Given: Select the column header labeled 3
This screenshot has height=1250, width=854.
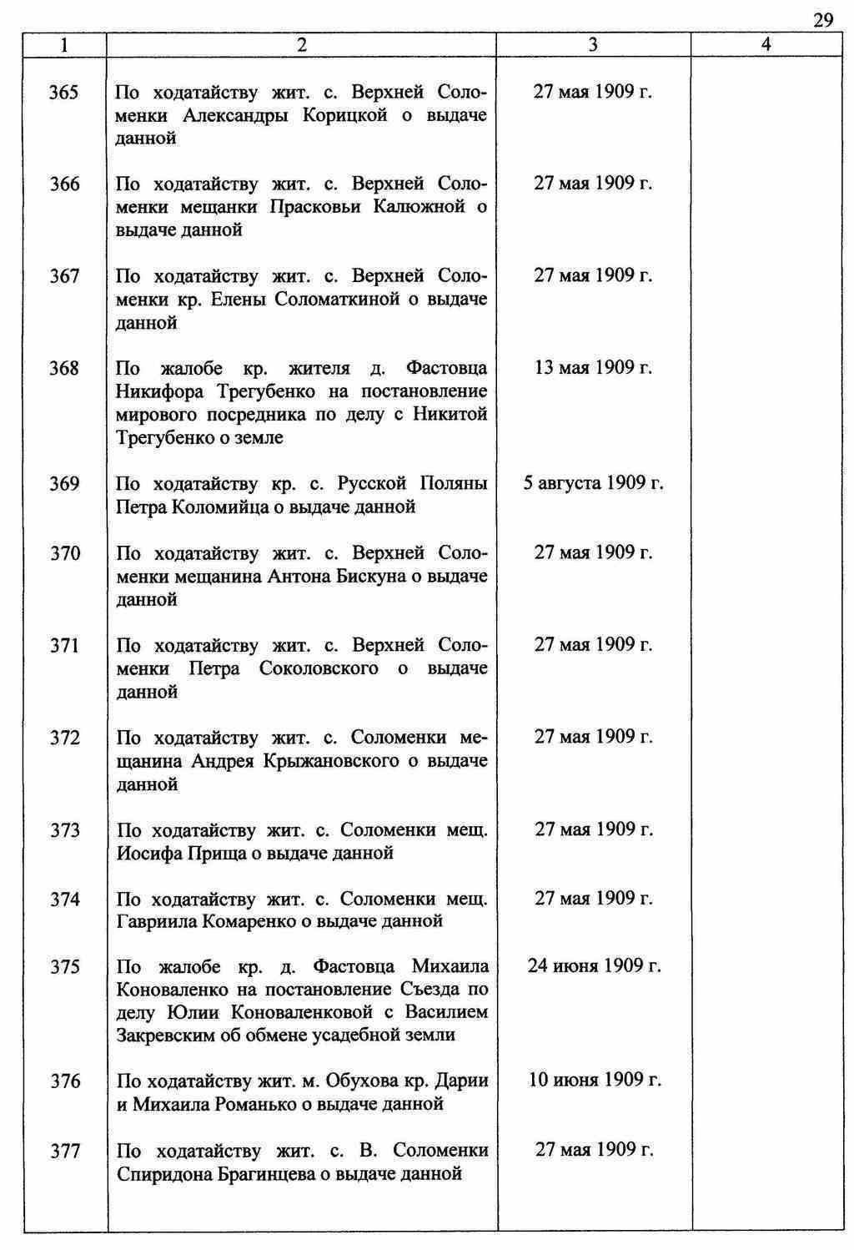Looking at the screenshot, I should click(x=592, y=46).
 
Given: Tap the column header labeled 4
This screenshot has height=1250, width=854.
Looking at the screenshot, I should click(x=766, y=46).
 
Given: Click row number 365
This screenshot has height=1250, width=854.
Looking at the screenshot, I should click(x=64, y=92).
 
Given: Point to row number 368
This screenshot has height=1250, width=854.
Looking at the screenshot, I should click(x=64, y=368).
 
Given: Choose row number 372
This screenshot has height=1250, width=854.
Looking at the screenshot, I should click(x=64, y=738).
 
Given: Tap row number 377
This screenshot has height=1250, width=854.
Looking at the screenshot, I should click(x=64, y=1152).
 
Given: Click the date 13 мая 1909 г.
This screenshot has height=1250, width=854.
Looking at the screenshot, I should click(x=592, y=367).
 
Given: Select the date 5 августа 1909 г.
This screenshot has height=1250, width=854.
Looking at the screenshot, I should click(x=593, y=482).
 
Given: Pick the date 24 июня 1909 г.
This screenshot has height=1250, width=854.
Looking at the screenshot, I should click(x=594, y=965).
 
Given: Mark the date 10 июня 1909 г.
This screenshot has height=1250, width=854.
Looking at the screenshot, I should click(x=595, y=1080).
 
